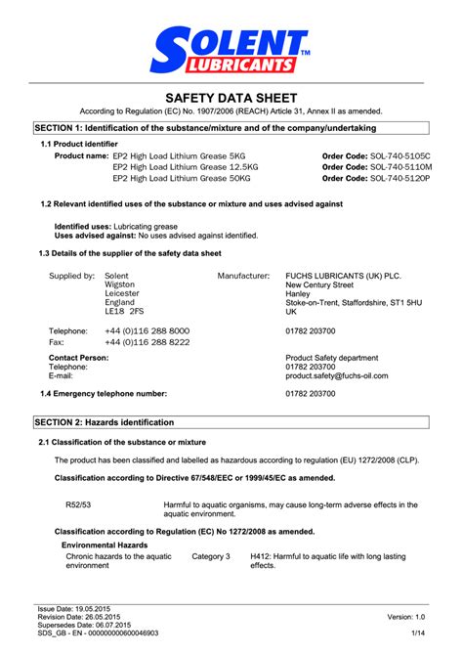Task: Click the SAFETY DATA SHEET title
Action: point(231,98)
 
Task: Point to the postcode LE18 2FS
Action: point(124,311)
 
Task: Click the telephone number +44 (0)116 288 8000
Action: point(147,331)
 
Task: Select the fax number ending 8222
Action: point(147,343)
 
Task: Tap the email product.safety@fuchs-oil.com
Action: point(337,375)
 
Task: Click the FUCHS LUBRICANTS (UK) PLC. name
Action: point(343,277)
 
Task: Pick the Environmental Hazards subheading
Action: point(105,545)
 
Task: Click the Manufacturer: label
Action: point(243,277)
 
